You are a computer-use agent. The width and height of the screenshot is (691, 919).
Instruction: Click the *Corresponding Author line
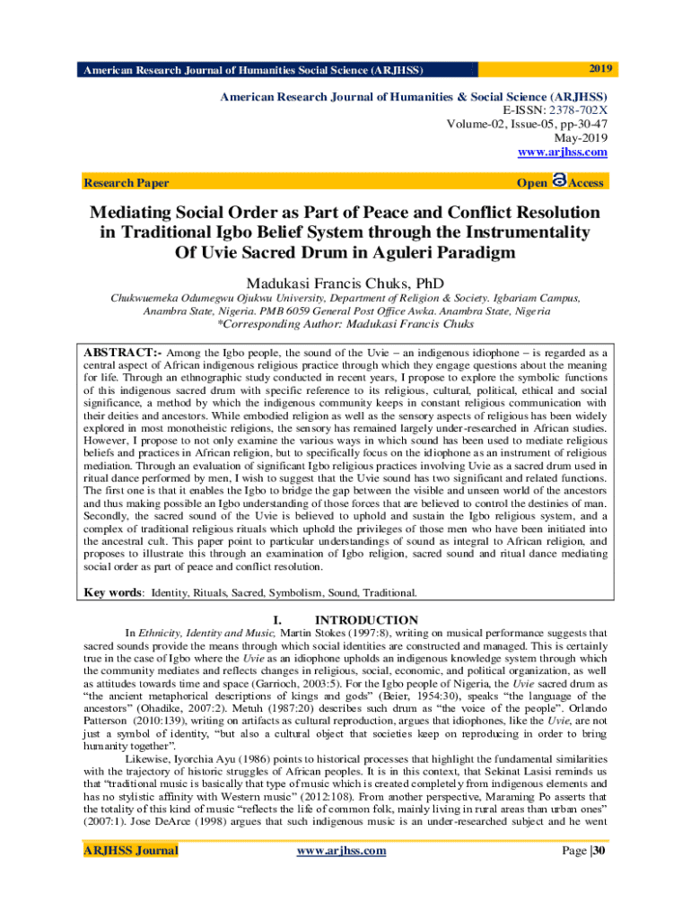[345, 324]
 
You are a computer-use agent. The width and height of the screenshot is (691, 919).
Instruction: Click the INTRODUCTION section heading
[366, 620]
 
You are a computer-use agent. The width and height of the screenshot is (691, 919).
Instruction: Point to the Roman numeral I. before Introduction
[277, 620]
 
